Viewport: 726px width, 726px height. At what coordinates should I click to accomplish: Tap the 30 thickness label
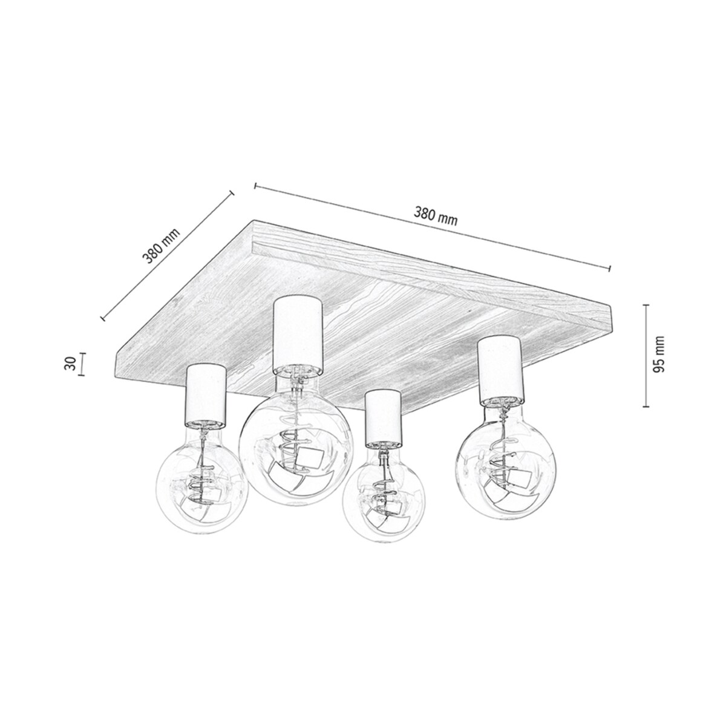(x=70, y=364)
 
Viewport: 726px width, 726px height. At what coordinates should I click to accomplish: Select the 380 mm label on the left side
(x=161, y=247)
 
